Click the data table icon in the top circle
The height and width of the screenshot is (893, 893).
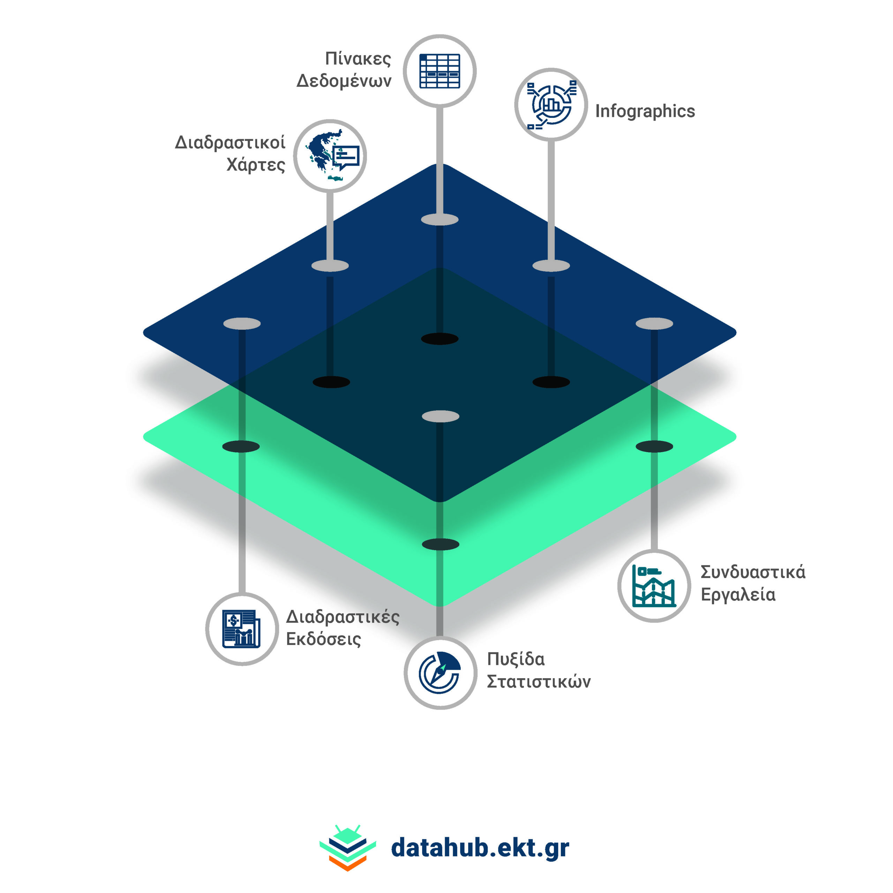pos(440,71)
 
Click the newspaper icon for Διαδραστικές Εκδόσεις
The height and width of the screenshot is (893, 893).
pos(242,629)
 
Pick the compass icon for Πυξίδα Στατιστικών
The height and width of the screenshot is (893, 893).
pos(440,673)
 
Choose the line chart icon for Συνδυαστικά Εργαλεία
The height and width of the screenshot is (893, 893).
pos(654,586)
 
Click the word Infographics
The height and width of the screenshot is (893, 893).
pos(645,111)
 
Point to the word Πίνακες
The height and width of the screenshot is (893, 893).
pos(358,59)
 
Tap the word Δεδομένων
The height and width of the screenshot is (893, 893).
pos(344,81)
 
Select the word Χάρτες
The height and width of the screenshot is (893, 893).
pos(256,165)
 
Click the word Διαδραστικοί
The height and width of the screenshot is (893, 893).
pos(230,142)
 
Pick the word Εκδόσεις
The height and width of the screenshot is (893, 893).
pos(324,639)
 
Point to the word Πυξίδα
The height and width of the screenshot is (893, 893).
pos(516,660)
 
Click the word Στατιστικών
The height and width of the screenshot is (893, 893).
pos(539,682)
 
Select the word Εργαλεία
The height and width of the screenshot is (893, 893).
pos(738,594)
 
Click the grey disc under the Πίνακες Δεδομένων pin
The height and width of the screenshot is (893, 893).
pos(440,219)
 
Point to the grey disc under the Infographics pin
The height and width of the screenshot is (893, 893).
pos(551,266)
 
